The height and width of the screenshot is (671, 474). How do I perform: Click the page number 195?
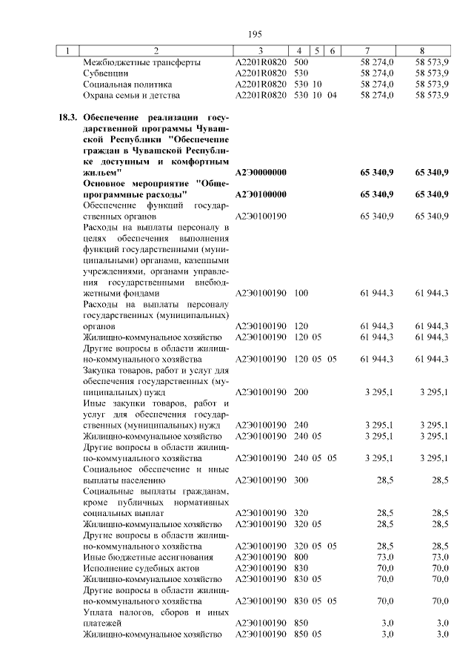tap(256, 34)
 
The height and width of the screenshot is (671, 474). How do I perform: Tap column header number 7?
tap(376, 51)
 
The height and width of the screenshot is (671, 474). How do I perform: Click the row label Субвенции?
tap(107, 73)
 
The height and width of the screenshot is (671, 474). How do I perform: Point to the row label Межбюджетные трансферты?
tap(142, 63)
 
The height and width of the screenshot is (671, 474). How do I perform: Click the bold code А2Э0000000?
tap(261, 172)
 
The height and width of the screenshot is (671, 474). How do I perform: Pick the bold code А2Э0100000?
tap(261, 194)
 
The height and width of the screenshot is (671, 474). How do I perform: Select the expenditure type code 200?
tap(301, 391)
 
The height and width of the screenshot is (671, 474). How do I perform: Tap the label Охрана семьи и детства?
tap(133, 96)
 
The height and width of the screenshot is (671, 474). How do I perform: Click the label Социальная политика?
tap(128, 85)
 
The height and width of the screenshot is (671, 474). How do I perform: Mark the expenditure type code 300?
tap(301, 480)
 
